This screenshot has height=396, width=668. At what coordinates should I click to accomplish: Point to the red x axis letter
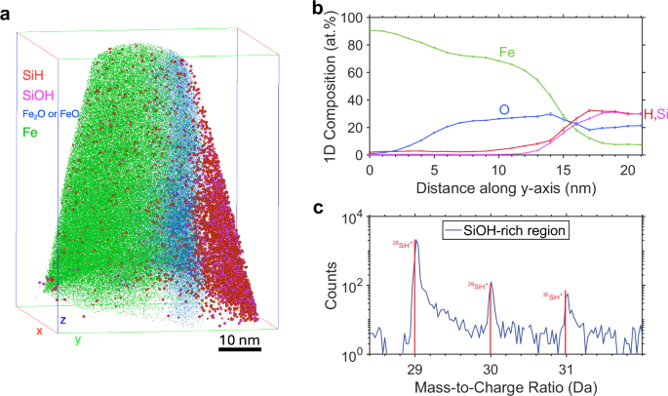click(x=39, y=331)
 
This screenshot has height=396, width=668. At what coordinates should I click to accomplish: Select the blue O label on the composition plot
click(x=504, y=109)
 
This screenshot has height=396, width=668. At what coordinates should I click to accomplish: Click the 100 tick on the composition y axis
click(x=353, y=18)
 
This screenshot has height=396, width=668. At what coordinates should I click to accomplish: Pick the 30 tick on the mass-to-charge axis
click(x=491, y=370)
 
